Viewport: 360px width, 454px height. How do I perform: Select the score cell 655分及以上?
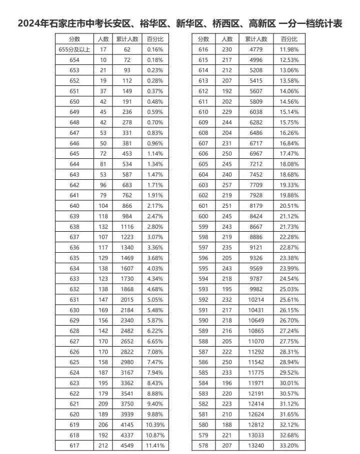coord(74,49)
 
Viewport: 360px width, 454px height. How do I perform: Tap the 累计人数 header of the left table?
coord(127,39)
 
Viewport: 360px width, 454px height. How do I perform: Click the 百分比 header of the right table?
coord(289,39)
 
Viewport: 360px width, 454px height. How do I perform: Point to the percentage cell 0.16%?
coord(155,49)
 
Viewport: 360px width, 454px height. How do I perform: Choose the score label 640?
coord(74,206)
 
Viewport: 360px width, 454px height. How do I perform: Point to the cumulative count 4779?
coord(256,49)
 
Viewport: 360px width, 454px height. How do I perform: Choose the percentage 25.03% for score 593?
coord(289,289)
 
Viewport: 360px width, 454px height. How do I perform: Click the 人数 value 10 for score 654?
coord(103,60)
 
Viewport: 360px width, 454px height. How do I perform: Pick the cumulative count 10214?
coord(256,300)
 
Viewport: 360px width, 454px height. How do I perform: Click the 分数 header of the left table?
coord(74,39)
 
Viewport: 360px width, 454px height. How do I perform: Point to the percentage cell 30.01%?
coord(289,383)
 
